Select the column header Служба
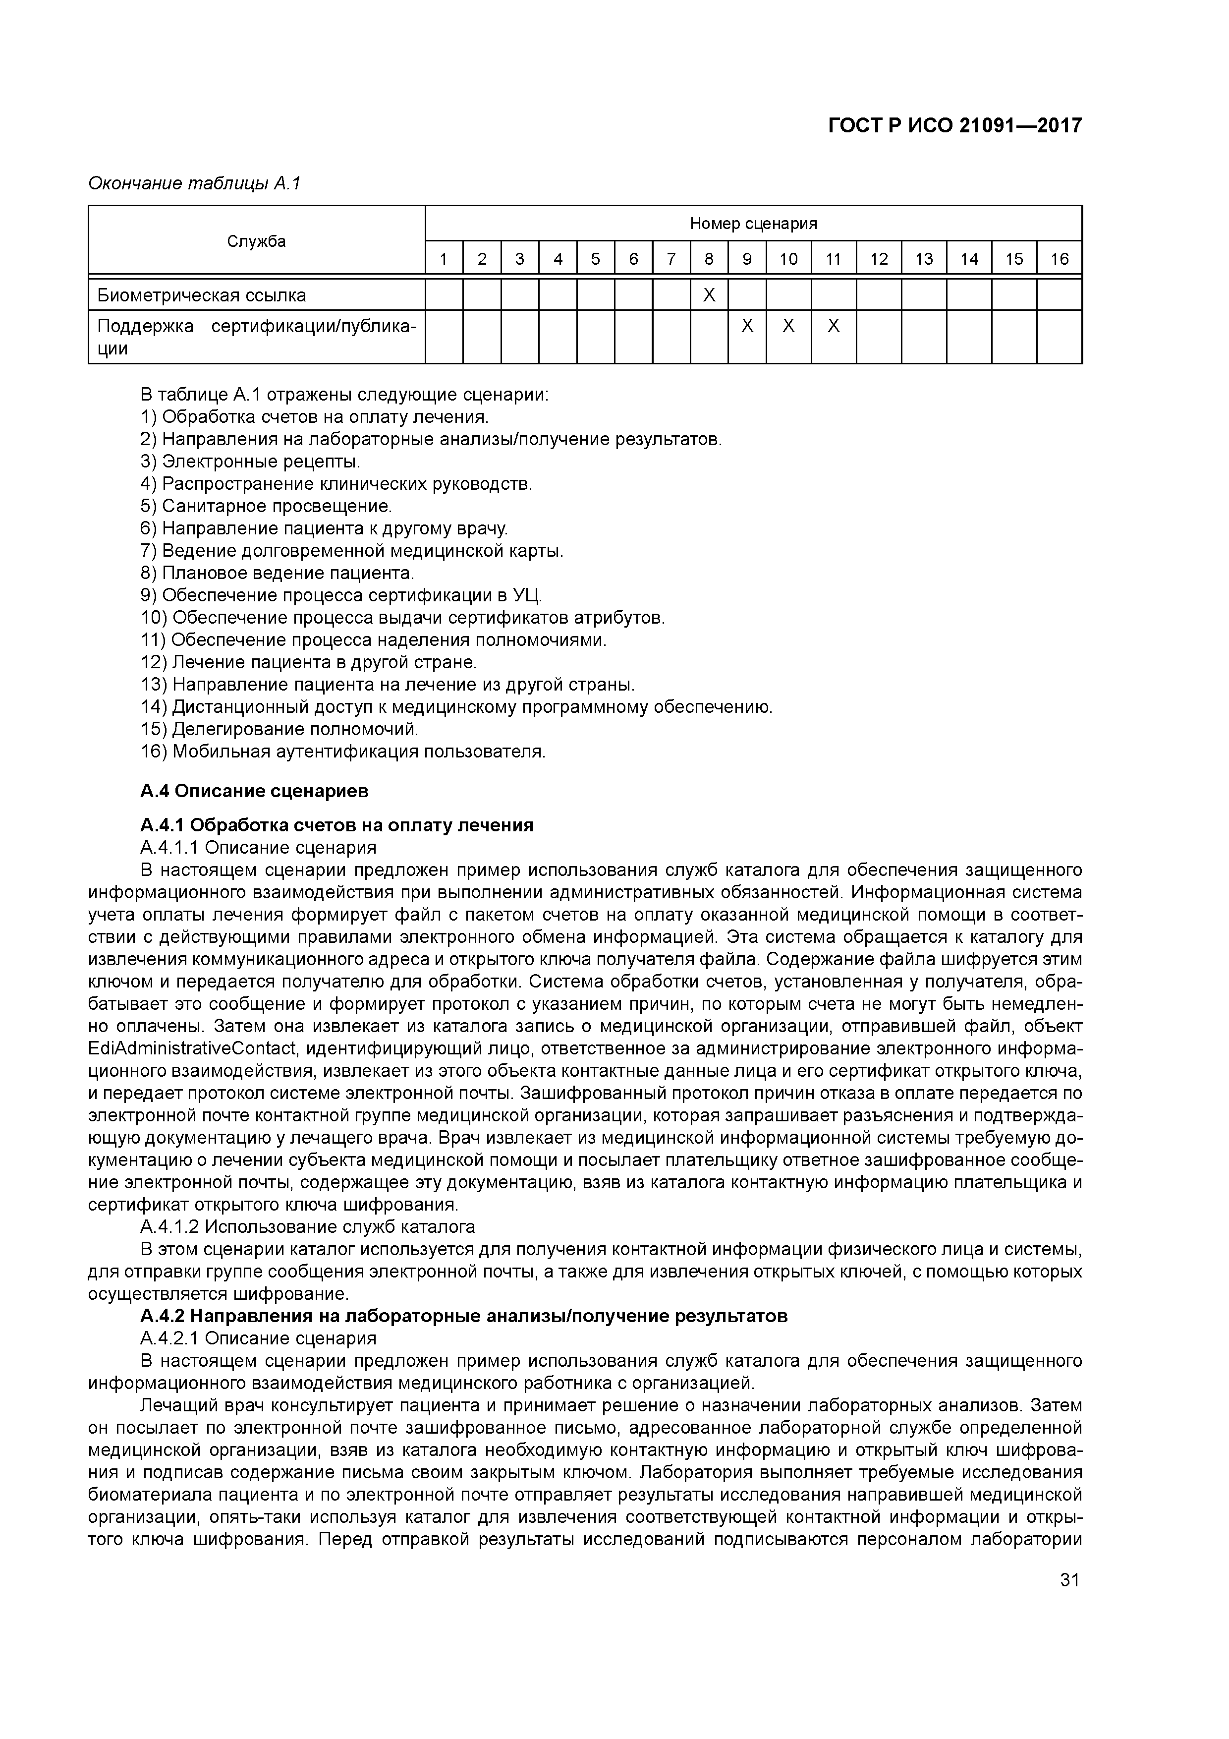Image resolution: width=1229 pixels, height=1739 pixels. [x=257, y=241]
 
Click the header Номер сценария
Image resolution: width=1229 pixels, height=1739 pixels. [x=753, y=224]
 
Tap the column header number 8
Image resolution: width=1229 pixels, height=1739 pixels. [x=709, y=259]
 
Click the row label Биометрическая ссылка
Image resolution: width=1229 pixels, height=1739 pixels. [x=201, y=295]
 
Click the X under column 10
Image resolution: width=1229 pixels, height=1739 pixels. [x=788, y=327]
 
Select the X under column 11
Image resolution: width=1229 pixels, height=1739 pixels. [x=833, y=327]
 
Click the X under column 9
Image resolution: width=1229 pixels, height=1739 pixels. [x=747, y=327]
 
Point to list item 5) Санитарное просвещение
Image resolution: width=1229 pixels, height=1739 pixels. [x=267, y=506]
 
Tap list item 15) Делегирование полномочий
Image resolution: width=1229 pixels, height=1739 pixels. [x=279, y=729]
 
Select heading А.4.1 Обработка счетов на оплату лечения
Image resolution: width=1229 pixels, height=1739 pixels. [x=337, y=825]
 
